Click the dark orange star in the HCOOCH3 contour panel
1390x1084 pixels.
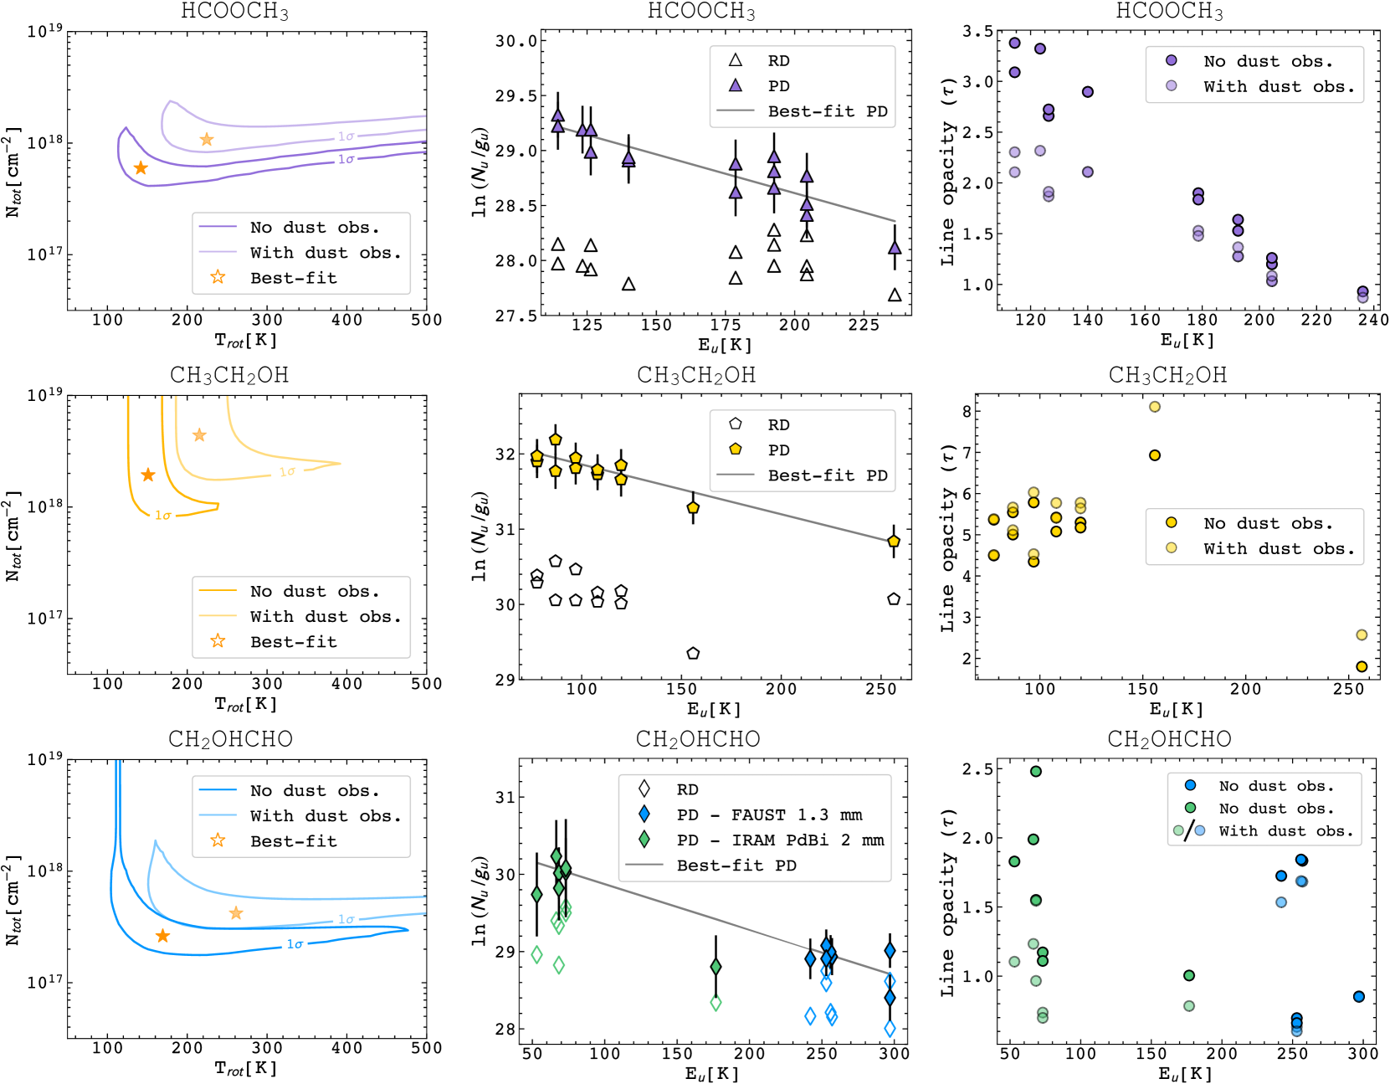pyautogui.click(x=141, y=168)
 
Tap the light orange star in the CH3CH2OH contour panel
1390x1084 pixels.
pyautogui.click(x=199, y=435)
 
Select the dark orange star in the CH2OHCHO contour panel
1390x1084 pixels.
pyautogui.click(x=162, y=936)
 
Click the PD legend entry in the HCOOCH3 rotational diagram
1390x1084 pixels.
pyautogui.click(x=777, y=86)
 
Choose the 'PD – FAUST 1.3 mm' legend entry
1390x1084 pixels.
pyautogui.click(x=768, y=814)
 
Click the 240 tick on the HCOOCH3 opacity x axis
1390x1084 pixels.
pyautogui.click(x=1373, y=319)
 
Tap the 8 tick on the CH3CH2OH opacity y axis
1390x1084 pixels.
pyautogui.click(x=967, y=411)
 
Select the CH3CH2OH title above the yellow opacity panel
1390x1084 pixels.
pyautogui.click(x=1167, y=375)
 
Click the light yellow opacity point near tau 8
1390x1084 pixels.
pyautogui.click(x=1155, y=407)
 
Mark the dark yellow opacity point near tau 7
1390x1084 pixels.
pyautogui.click(x=1155, y=455)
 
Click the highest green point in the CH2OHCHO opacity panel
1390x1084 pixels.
pyautogui.click(x=1036, y=771)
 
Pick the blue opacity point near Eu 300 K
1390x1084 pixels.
pyautogui.click(x=1359, y=996)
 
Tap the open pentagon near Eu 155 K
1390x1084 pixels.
pyautogui.click(x=693, y=653)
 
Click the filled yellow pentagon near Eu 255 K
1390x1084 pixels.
pyautogui.click(x=894, y=542)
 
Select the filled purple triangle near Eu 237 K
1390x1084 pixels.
pyautogui.click(x=895, y=248)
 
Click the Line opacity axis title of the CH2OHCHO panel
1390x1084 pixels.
pyautogui.click(x=947, y=902)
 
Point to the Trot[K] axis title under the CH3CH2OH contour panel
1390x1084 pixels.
pyautogui.click(x=245, y=704)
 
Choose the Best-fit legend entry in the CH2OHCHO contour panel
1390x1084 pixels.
pyautogui.click(x=293, y=840)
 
